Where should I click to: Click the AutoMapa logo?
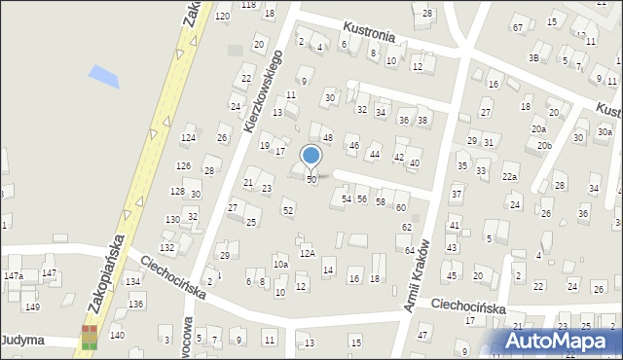coord(562,342)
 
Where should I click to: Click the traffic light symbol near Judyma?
coord(90,337)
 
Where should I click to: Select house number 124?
coord(188,138)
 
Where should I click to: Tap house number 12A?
coord(307,253)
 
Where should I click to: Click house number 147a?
coord(14,276)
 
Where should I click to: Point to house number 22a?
coord(509,177)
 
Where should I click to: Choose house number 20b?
coord(543,146)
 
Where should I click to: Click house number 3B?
coord(533,57)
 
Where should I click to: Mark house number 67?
coord(518,27)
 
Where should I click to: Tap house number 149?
coord(32,307)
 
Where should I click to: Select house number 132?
coord(166,248)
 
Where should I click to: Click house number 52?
coord(287,210)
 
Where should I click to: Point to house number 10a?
coord(280,264)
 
